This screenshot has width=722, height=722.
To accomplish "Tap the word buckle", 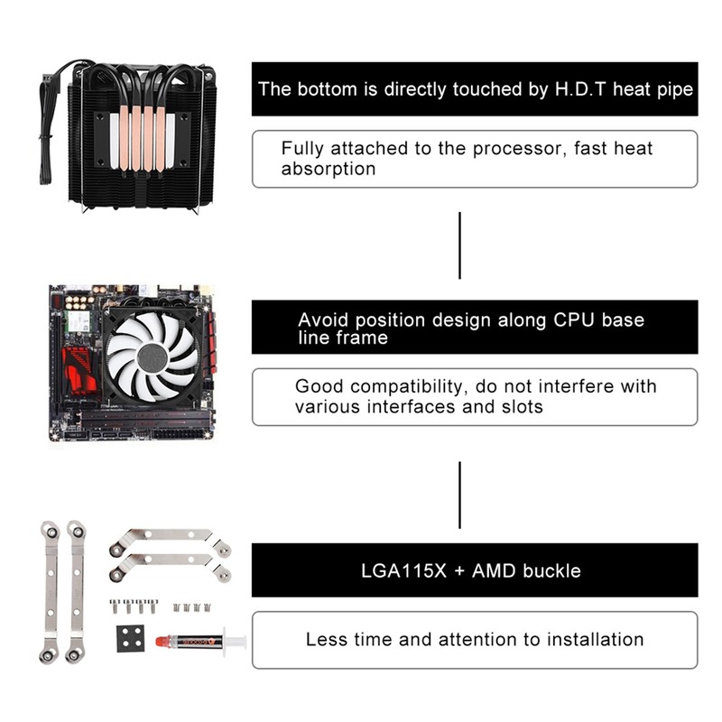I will [551, 570].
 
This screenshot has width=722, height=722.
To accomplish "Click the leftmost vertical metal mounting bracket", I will [49, 591].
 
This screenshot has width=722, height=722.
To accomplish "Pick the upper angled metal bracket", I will [170, 541].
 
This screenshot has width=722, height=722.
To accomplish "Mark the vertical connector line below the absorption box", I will [459, 245].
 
